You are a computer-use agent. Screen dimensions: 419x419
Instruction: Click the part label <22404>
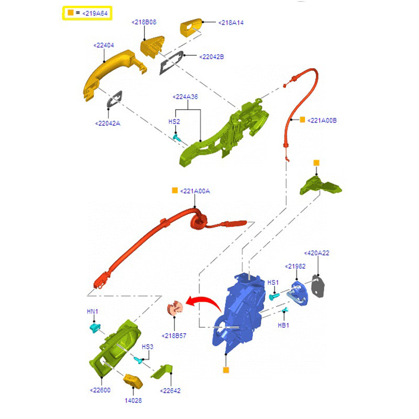(x=104, y=46)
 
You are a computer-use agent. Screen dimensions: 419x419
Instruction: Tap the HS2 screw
(x=178, y=138)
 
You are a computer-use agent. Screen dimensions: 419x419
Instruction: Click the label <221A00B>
(x=322, y=120)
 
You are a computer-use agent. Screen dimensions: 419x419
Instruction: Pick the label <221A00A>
(x=194, y=191)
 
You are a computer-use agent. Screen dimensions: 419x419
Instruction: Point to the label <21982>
(x=295, y=266)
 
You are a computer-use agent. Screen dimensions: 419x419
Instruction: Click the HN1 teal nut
(x=95, y=328)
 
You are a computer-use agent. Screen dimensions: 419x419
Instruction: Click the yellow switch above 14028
(x=132, y=381)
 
